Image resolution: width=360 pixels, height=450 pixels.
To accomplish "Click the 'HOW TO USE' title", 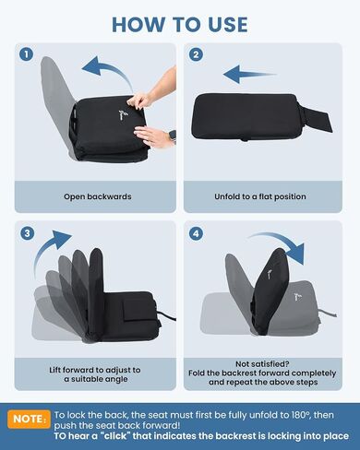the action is tap(180, 25).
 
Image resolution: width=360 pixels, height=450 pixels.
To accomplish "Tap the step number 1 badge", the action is tap(26, 54).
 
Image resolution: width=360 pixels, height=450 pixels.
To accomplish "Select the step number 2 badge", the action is tap(196, 54).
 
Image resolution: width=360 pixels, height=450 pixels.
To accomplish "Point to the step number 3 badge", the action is tap(27, 233).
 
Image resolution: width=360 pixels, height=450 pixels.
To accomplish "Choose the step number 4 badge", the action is tap(196, 234).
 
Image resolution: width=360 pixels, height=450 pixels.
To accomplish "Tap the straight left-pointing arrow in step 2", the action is tap(249, 75).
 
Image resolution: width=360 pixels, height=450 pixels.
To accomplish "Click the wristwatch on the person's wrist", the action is tap(173, 136).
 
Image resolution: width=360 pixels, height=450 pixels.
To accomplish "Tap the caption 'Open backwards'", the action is tap(98, 196).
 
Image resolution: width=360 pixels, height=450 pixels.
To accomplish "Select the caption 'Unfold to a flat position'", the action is tap(260, 196).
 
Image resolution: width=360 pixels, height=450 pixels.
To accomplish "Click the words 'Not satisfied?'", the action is tap(262, 364).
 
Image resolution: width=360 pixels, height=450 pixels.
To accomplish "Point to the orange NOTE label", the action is tap(30, 419).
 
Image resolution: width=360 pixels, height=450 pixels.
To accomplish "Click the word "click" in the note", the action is tap(114, 436).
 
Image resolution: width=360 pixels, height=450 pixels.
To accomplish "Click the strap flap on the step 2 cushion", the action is tap(316, 117).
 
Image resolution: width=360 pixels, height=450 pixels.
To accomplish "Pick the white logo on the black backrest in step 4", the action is tap(269, 274).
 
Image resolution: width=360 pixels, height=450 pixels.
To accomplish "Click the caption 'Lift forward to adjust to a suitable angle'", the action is tap(95, 374).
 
